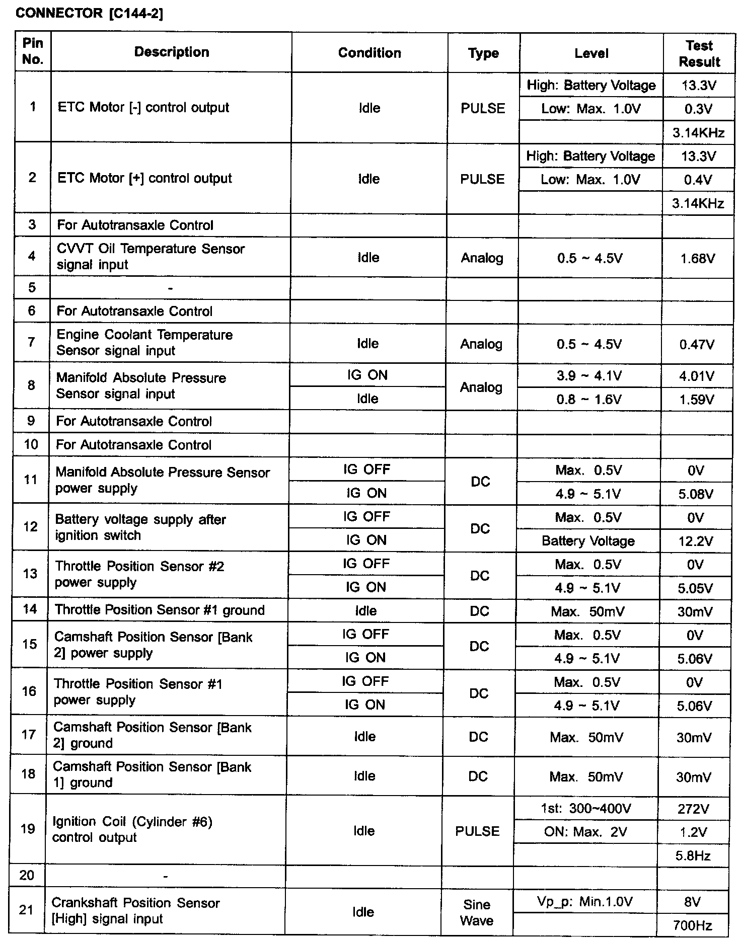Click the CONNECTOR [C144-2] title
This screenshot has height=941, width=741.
(x=89, y=13)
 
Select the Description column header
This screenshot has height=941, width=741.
(x=172, y=52)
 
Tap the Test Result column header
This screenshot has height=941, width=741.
(x=699, y=53)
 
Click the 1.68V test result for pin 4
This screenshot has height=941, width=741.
(x=697, y=259)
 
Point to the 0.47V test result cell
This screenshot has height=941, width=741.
(x=697, y=345)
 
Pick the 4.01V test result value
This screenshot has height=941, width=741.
(x=697, y=376)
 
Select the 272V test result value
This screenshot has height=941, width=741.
(x=693, y=809)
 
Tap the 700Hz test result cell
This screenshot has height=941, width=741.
(x=693, y=925)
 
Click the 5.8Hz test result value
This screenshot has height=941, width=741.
(x=693, y=855)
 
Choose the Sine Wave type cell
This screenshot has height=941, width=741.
(x=477, y=912)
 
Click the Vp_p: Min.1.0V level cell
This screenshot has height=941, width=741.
(x=585, y=901)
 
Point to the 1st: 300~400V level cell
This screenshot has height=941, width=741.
(x=586, y=809)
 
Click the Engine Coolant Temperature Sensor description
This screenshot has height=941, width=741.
(x=144, y=343)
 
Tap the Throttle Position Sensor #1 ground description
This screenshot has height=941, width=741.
(x=160, y=610)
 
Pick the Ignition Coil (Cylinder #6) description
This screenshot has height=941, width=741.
(x=132, y=829)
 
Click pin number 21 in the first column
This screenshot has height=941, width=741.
(x=26, y=909)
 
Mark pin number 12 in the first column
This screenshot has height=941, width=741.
(x=30, y=526)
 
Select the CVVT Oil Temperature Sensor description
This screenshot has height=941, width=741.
(x=151, y=257)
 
